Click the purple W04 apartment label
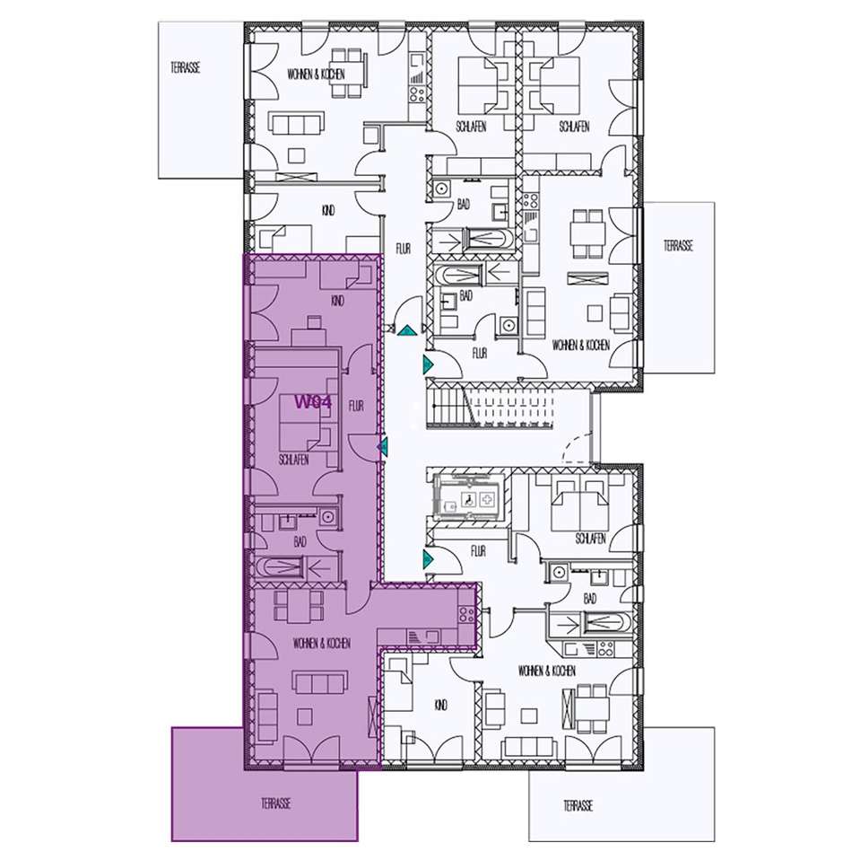coord(313,402)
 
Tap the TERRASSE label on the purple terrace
coord(275,803)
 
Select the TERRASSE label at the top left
coord(185,67)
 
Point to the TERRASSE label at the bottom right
coord(578,806)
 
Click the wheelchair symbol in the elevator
coord(469,499)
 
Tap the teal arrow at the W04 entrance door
coord(383,447)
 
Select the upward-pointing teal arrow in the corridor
coord(407,330)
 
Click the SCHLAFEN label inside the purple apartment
coord(293,460)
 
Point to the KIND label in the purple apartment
coord(338,301)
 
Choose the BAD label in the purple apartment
coord(300,542)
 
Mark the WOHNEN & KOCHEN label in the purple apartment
coord(322,643)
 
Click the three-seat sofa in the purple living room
coord(320,683)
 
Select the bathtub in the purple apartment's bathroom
coord(280,566)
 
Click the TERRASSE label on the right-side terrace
coord(678,245)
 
